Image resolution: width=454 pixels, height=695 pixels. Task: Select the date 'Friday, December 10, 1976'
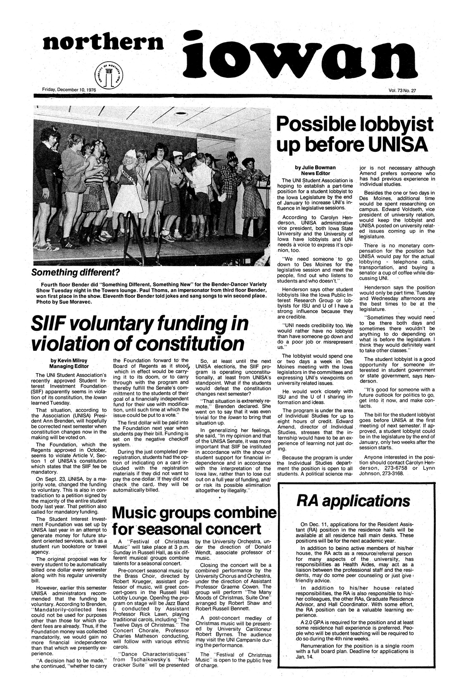(69, 90)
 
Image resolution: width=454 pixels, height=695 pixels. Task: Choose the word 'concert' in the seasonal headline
(228, 530)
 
